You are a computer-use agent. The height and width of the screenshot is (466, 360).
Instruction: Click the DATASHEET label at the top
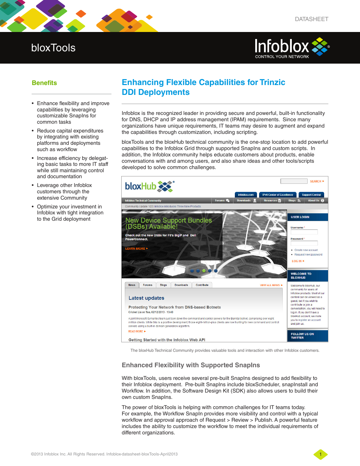(311, 19)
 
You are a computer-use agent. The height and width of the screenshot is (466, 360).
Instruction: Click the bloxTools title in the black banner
(53, 48)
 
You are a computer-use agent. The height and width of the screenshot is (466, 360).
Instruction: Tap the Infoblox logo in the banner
(292, 47)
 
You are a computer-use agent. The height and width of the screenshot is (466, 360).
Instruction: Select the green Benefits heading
(44, 83)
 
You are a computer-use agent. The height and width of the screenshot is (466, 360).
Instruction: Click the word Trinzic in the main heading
(272, 82)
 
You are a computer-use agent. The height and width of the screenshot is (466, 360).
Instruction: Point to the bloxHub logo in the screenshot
(149, 186)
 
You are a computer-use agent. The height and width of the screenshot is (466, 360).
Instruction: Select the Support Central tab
(311, 195)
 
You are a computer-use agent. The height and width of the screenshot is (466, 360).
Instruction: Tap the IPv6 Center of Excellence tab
(277, 195)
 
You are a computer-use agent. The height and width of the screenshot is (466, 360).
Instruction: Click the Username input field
(304, 232)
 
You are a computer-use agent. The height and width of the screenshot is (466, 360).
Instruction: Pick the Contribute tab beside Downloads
(202, 285)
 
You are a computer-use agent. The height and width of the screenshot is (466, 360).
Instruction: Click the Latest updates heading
(146, 298)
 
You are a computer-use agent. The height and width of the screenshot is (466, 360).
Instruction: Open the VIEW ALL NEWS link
(271, 285)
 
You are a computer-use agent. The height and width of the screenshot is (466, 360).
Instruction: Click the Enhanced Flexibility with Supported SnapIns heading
(191, 365)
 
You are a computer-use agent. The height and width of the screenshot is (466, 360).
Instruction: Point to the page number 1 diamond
(320, 454)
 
